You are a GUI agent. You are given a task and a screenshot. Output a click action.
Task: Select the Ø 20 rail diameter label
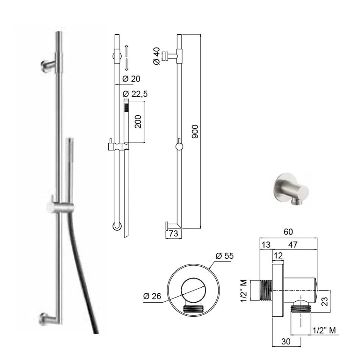(x=132, y=79)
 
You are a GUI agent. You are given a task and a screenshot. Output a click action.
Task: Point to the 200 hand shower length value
(x=139, y=121)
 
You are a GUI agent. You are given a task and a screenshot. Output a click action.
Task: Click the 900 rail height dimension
(x=195, y=131)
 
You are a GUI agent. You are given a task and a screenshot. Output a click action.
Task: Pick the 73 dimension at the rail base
(x=173, y=234)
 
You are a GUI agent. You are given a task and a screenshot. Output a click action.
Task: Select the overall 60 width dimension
(x=288, y=232)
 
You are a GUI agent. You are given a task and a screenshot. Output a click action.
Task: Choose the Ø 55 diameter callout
(x=225, y=256)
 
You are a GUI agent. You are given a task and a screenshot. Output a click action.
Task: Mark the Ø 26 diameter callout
(x=152, y=296)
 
